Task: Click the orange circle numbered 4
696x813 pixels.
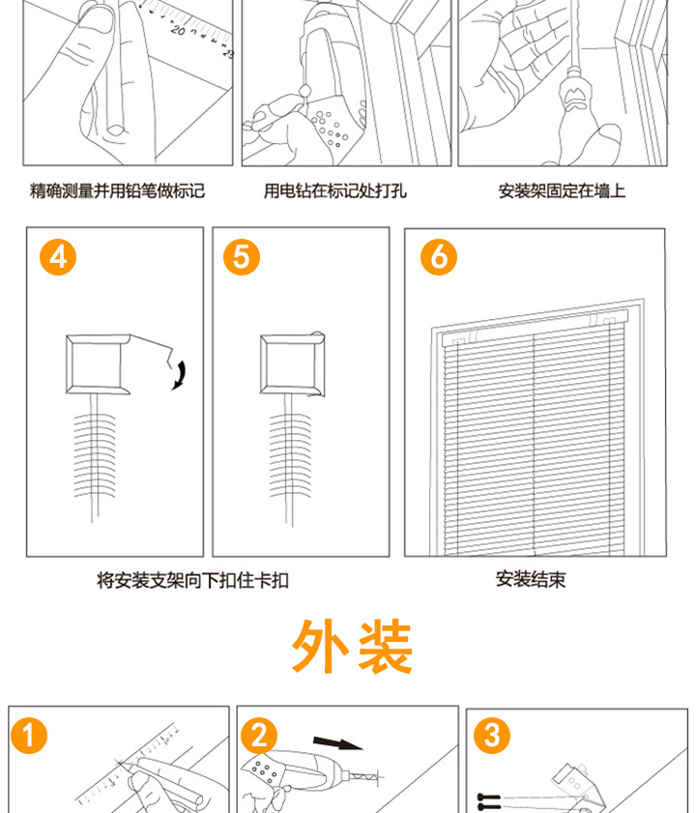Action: (x=57, y=257)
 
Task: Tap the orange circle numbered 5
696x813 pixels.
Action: (x=242, y=257)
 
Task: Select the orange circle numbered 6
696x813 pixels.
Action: (x=439, y=257)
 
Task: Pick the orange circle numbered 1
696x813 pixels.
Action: (x=29, y=737)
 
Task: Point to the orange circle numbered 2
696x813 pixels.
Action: (x=258, y=737)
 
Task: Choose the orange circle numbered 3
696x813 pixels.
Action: (x=492, y=737)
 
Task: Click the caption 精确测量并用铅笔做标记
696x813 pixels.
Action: (x=117, y=190)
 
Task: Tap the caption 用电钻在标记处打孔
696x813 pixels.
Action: (x=335, y=190)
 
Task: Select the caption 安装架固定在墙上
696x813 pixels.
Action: (x=562, y=190)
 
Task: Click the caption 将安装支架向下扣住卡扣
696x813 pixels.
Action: (x=192, y=580)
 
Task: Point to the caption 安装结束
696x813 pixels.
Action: (x=531, y=579)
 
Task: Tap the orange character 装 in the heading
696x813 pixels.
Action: (x=384, y=648)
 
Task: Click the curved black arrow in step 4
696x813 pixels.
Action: (x=179, y=373)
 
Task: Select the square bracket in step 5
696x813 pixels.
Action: (x=292, y=364)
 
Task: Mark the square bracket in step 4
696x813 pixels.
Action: (x=96, y=364)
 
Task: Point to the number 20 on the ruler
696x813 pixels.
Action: (x=178, y=30)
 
